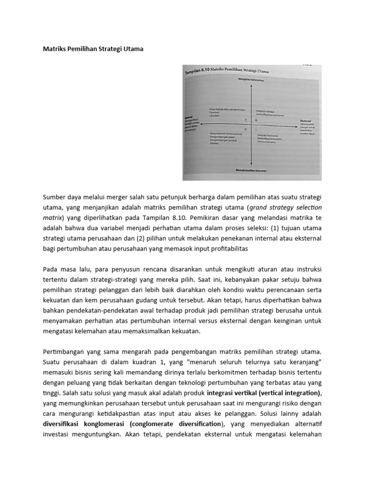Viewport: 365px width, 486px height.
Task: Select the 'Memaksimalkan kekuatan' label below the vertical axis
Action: pyautogui.click(x=251, y=169)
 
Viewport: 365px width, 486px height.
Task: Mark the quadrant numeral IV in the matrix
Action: pyautogui.click(x=246, y=129)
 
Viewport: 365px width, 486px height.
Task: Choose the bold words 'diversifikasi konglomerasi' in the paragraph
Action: pyautogui.click(x=83, y=424)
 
